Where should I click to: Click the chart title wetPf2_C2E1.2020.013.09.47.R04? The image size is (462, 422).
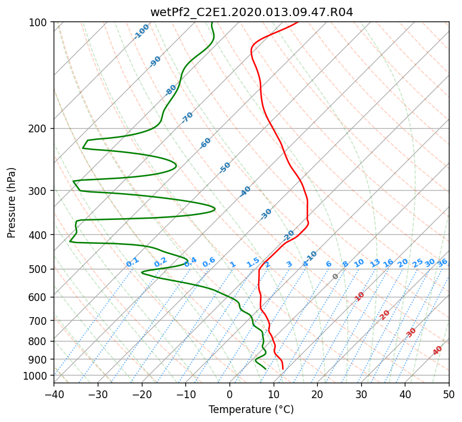(252, 13)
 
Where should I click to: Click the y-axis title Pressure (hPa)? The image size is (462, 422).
(11, 203)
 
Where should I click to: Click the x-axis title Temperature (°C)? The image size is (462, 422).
(252, 409)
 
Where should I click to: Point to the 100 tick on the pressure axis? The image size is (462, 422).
(39, 23)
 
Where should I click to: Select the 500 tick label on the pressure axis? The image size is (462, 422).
(39, 269)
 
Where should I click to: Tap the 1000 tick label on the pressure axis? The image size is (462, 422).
(37, 376)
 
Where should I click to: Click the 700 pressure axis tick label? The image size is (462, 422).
(39, 321)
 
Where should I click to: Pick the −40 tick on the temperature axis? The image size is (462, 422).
(54, 394)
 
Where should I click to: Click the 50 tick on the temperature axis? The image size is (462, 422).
(449, 394)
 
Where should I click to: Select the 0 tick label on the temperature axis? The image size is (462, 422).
(230, 394)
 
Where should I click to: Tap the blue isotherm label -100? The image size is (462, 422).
(141, 32)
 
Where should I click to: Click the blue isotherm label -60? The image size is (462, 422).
(205, 143)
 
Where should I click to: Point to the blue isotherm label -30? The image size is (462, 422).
(266, 214)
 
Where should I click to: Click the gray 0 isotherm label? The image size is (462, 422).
(335, 277)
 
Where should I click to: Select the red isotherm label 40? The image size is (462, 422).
(437, 350)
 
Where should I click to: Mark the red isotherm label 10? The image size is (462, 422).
(359, 296)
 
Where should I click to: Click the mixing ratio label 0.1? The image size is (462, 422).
(132, 262)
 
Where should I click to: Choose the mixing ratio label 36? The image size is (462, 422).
(442, 263)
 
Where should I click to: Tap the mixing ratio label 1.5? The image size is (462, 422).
(253, 262)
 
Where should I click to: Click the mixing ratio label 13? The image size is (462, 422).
(375, 263)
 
